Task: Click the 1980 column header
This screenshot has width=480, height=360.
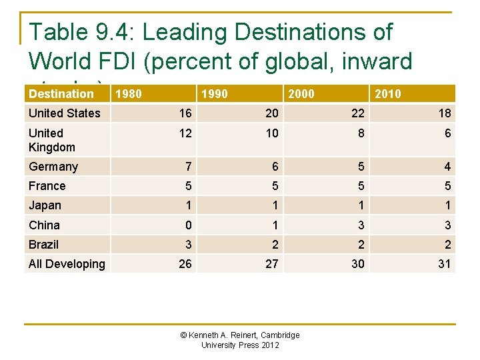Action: point(128,94)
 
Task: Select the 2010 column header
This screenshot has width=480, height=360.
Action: point(388,94)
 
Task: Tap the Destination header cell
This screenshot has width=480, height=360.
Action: point(61,94)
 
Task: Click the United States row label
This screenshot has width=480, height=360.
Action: point(64,113)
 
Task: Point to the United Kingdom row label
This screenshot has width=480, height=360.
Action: point(52,140)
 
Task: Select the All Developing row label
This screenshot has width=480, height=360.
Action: point(67,264)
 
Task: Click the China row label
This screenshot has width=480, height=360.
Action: point(44,225)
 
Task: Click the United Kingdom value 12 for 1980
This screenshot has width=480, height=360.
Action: point(185,133)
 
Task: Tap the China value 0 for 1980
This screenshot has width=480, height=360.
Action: point(188,225)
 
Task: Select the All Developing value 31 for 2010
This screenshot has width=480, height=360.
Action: point(445,264)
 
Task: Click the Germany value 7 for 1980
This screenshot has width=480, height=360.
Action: point(188,167)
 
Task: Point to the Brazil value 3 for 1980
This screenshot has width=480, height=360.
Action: point(188,245)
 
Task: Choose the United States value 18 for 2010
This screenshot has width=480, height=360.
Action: point(445,113)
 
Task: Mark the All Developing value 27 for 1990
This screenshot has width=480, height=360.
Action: point(271,264)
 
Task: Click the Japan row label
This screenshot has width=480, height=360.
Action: point(45,205)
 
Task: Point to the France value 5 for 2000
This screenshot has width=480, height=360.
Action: point(361,186)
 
